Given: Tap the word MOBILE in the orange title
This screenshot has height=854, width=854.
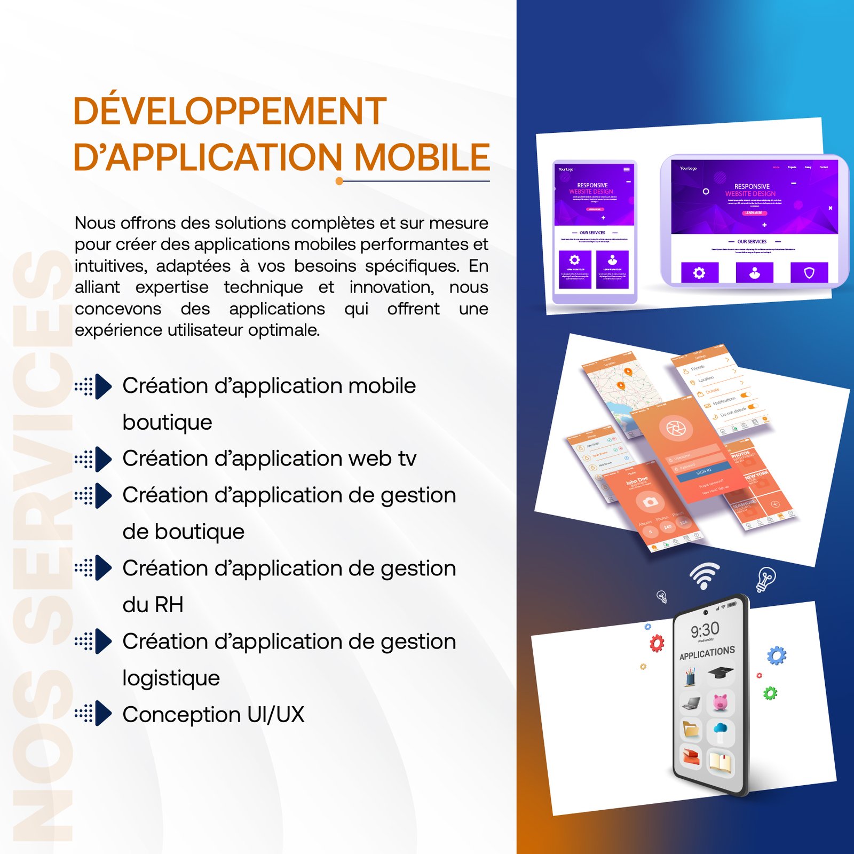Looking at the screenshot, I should point(422,157).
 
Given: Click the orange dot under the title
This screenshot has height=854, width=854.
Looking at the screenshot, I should point(339,181).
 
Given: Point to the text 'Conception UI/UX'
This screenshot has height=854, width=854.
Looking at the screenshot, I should point(213,715).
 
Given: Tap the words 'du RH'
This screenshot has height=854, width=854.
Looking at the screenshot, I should point(153,605).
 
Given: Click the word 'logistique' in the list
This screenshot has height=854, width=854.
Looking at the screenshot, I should point(171,678).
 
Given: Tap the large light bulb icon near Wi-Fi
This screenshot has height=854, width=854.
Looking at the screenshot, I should point(766,579).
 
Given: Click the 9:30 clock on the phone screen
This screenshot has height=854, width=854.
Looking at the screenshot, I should point(705,630).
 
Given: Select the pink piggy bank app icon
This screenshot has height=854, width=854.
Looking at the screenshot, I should point(721,702).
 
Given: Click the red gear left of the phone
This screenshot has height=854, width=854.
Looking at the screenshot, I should point(657,643).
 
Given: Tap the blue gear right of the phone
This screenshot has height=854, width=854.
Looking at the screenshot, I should point(777,655).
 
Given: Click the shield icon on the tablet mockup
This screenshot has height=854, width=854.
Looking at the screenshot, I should point(809,273).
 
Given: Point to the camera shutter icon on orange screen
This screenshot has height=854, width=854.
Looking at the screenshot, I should point(676,428).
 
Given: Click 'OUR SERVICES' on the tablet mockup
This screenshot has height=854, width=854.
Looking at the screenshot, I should point(752,242).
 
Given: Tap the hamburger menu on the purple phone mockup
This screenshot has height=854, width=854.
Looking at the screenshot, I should point(626,170).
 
